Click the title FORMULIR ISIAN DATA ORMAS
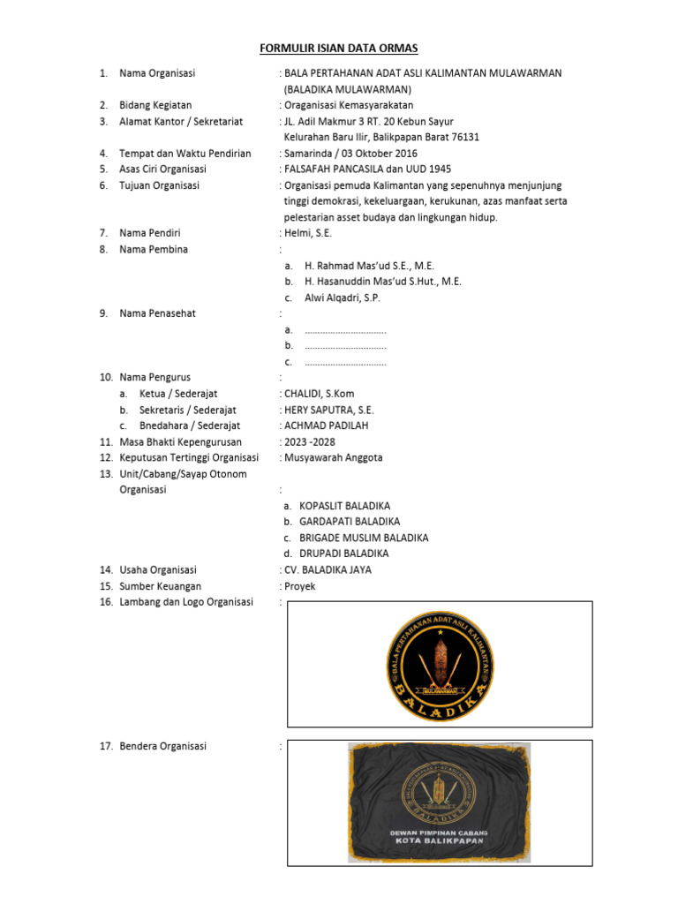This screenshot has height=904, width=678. (x=338, y=48)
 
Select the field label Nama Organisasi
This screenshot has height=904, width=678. (x=157, y=72)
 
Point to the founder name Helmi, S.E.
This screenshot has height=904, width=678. (x=307, y=233)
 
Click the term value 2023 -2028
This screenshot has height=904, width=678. (x=309, y=441)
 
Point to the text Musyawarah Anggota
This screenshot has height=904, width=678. (x=333, y=457)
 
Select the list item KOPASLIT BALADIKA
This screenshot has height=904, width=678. (x=344, y=506)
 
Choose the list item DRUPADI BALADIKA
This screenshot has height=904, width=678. (x=343, y=554)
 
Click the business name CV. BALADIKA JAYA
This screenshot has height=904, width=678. (x=328, y=569)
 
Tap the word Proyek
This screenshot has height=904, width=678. (x=299, y=586)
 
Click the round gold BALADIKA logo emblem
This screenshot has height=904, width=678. (x=440, y=664)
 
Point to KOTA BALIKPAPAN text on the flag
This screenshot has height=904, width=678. (x=440, y=844)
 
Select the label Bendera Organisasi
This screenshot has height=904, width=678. (x=162, y=746)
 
